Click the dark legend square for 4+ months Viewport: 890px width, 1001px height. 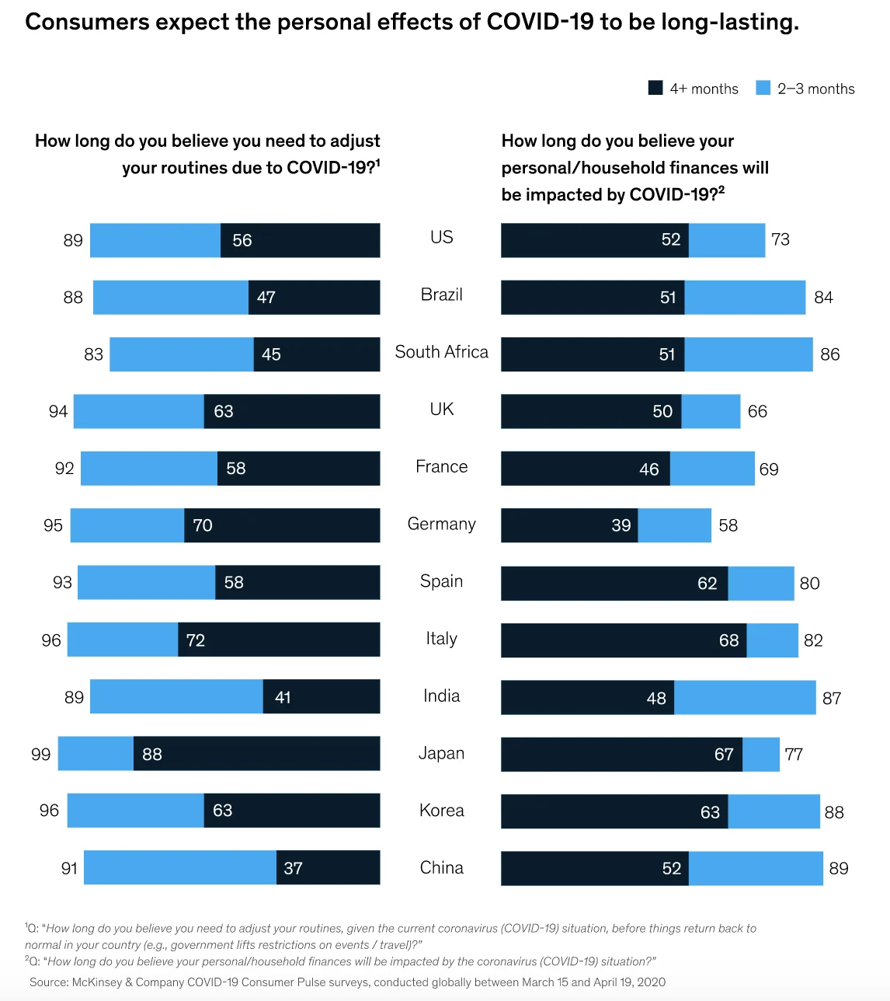[655, 88]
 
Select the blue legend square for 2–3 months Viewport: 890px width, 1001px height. [763, 88]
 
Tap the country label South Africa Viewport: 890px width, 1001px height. [441, 352]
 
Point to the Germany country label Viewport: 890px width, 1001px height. [441, 524]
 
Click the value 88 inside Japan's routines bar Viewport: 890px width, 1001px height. [152, 754]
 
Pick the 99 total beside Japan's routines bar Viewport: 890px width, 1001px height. [40, 754]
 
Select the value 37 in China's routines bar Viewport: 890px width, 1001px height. [293, 868]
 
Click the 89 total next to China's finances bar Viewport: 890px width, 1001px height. [839, 868]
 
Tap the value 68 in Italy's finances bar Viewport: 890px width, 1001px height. [728, 640]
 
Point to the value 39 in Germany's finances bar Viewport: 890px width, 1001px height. [621, 525]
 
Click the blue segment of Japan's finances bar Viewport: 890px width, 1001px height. [761, 754]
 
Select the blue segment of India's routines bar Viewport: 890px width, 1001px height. [176, 696]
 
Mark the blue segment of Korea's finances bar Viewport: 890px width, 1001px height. [774, 811]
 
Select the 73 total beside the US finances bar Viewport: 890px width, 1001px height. [780, 239]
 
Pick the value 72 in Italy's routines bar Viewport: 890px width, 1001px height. [196, 640]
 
